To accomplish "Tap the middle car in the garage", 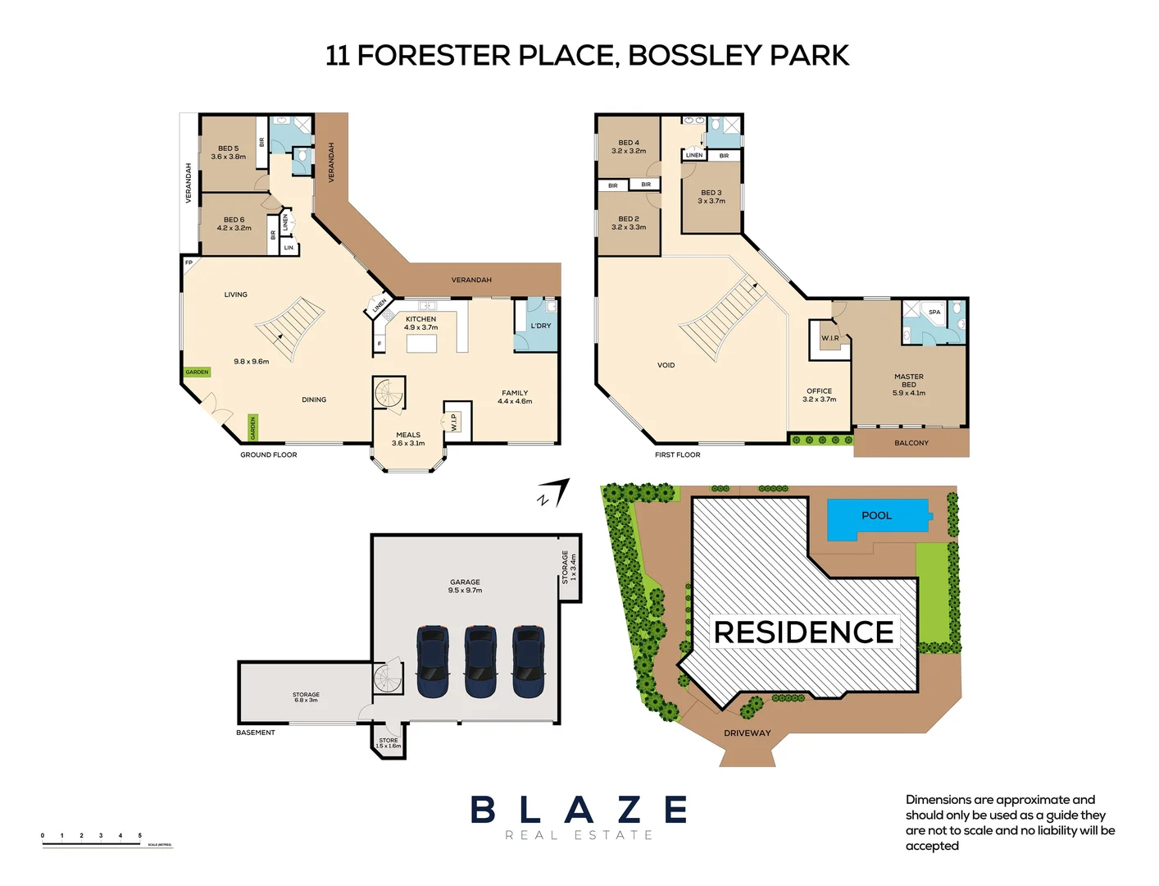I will tap(480, 662).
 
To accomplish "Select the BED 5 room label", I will tap(228, 153).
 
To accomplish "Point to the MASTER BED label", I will tap(908, 385).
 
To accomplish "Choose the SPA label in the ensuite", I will tap(934, 313).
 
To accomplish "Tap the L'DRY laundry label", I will tap(540, 326).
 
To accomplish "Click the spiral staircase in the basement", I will tap(387, 678).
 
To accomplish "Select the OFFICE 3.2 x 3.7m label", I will tap(819, 395).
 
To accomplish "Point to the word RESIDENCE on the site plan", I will tap(803, 633).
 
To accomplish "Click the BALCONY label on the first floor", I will tap(911, 443).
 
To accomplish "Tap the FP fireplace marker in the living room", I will tap(189, 263).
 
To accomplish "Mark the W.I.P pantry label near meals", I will tap(454, 421).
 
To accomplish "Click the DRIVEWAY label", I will tap(747, 733).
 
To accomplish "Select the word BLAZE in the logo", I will tap(579, 811).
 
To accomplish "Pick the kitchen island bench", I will tap(422, 344).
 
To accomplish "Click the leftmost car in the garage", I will tap(433, 662).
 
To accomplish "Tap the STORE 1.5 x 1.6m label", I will tap(389, 742).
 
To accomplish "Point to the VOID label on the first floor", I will tap(666, 365).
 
